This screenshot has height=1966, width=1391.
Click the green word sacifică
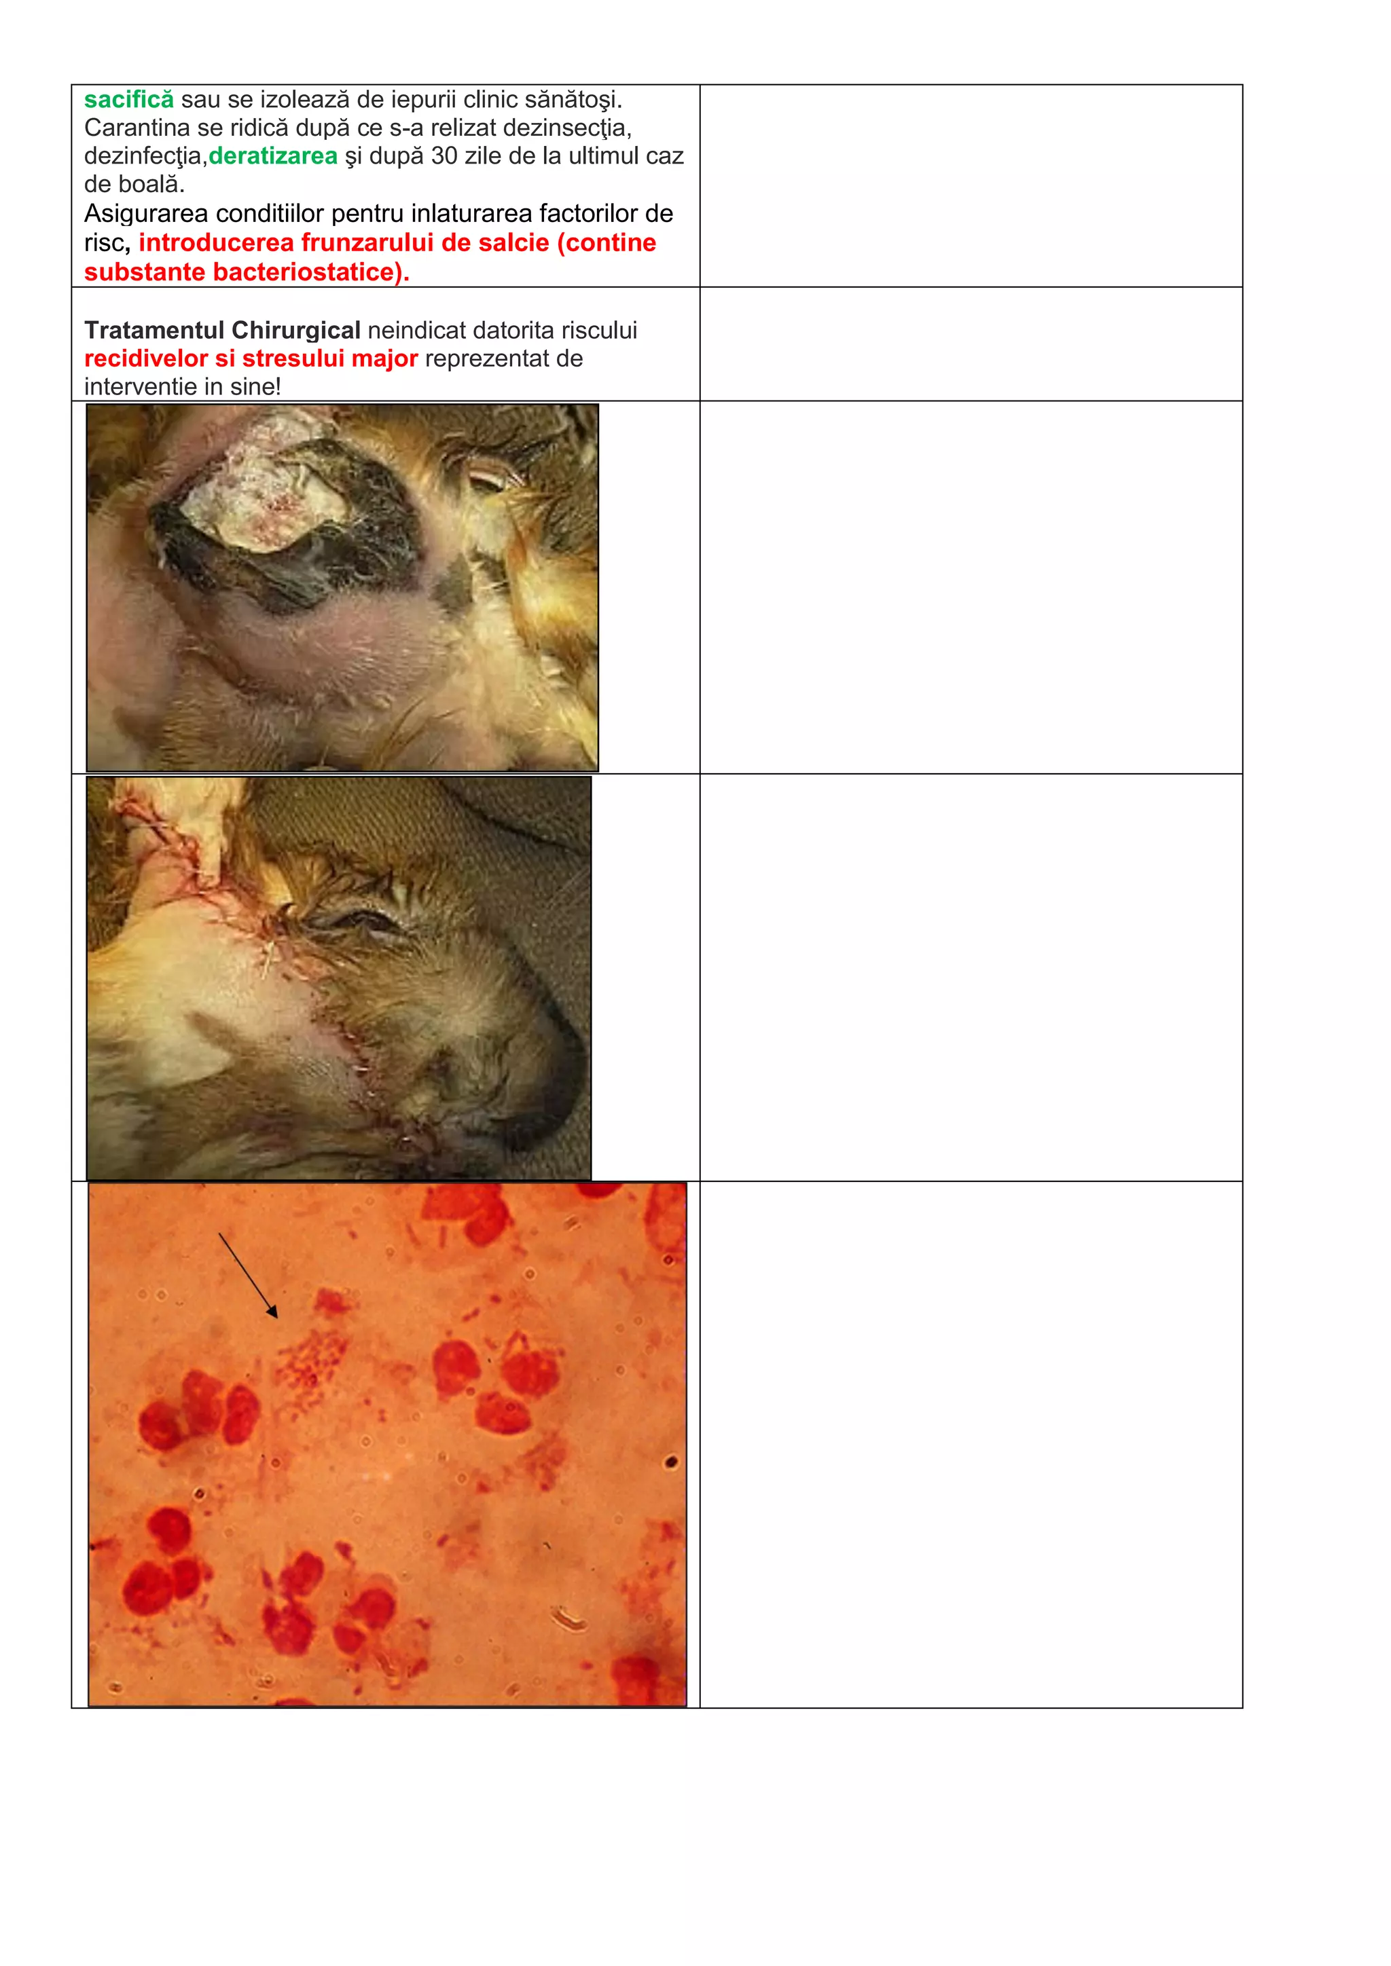point(128,100)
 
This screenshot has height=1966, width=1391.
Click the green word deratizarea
point(273,157)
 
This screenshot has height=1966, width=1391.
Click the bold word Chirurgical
point(295,331)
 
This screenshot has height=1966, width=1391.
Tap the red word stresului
point(296,358)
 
